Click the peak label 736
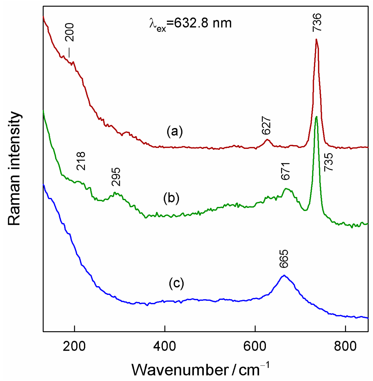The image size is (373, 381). click(x=317, y=22)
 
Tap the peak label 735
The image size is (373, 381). click(x=329, y=162)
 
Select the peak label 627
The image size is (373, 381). click(x=266, y=126)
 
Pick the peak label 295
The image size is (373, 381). click(x=116, y=177)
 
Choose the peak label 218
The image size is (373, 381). click(x=81, y=161)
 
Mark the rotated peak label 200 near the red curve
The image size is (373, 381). click(x=70, y=32)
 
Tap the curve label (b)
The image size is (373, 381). click(x=171, y=198)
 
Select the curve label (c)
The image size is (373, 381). click(x=176, y=283)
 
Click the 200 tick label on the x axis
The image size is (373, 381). click(x=74, y=346)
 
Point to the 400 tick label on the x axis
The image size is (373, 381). click(x=165, y=346)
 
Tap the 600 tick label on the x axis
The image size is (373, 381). click(x=255, y=346)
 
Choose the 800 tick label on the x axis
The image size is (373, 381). click(x=345, y=346)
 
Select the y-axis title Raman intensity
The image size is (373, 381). click(x=14, y=169)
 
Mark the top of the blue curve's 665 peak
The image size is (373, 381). click(x=284, y=275)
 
